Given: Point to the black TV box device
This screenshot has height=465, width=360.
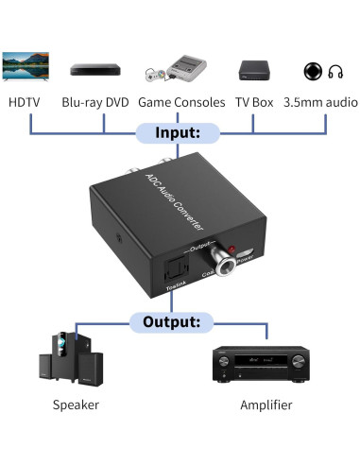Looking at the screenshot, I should point(257,68).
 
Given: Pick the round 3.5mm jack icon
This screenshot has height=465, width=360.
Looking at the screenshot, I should point(314,71).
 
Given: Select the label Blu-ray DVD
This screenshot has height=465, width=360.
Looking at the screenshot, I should point(96,101).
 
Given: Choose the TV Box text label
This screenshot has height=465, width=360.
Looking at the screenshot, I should point(256,101).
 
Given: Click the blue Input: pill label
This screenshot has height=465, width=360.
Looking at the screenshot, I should point(180,134).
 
